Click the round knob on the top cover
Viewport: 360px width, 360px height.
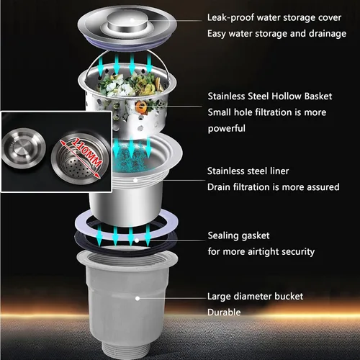coord(127,23)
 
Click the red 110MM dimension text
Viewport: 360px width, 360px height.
coord(86,153)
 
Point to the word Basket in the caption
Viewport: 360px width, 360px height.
coord(318,96)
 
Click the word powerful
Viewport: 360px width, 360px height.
coord(227,129)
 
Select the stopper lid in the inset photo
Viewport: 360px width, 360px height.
coord(24,148)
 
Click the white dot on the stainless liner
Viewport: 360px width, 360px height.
coord(135,180)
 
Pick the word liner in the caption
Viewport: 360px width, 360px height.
coord(279,171)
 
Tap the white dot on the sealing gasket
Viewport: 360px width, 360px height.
coord(137,240)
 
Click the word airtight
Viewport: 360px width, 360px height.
coord(264,252)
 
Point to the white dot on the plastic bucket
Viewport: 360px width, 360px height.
coord(138,298)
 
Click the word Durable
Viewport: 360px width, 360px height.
coord(224,312)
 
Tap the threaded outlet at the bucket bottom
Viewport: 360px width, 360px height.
coord(127,351)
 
